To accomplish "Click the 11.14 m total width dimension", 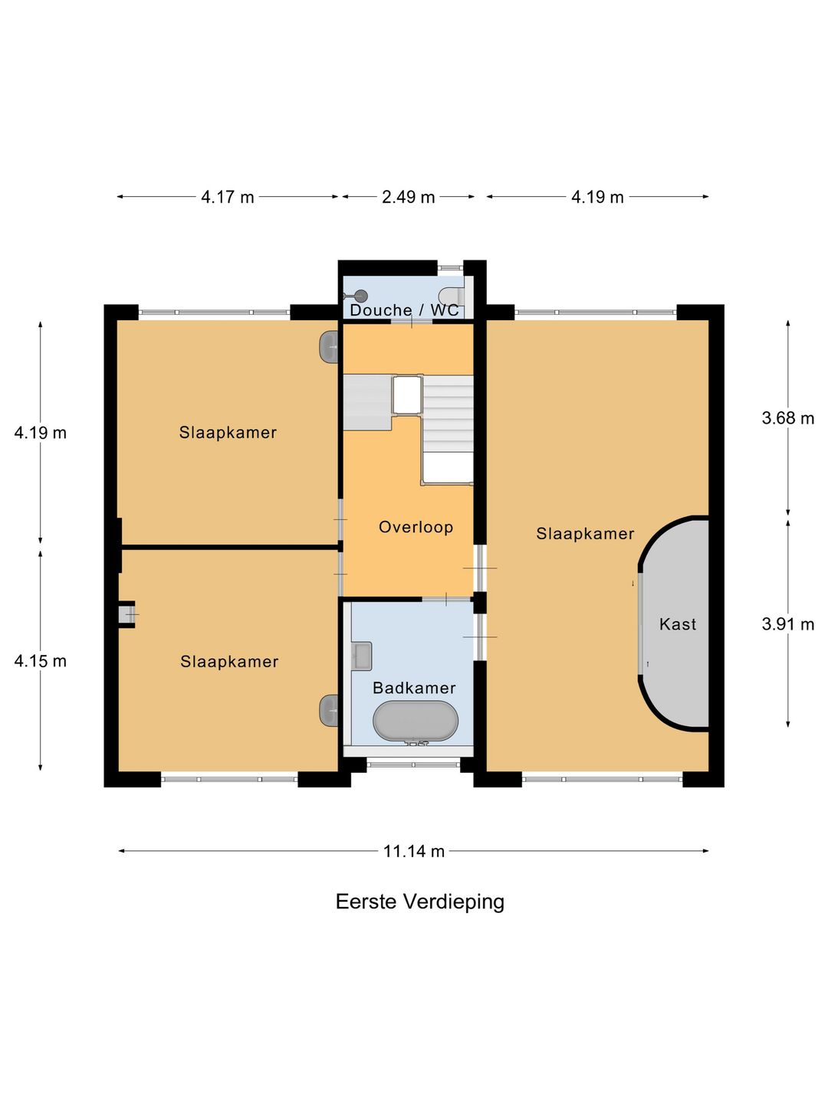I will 414,851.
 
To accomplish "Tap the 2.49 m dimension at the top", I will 408,197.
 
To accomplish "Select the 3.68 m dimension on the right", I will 787,418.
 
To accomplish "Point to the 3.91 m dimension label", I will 787,624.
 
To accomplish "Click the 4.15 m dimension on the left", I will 41,661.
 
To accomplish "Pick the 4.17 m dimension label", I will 227,197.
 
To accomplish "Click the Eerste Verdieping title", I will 419,902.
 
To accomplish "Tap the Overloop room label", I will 416,527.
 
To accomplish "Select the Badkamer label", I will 414,688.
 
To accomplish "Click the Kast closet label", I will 678,624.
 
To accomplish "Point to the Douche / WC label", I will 404,310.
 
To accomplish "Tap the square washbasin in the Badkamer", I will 361,656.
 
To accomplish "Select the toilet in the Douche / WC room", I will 452,296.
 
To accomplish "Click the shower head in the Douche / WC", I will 360,296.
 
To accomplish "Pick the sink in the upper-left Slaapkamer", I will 330,347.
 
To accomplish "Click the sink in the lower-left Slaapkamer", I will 330,710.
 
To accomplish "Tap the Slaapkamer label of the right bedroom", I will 585,534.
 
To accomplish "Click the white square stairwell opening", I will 407,394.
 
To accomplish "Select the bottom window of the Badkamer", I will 413,764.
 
